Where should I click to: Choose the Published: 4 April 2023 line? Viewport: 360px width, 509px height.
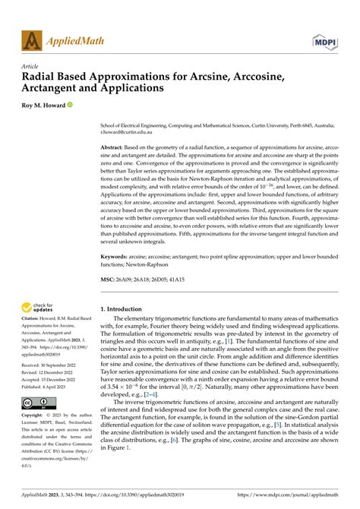(x=51, y=386)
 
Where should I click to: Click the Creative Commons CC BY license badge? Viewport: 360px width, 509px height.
(x=36, y=403)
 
